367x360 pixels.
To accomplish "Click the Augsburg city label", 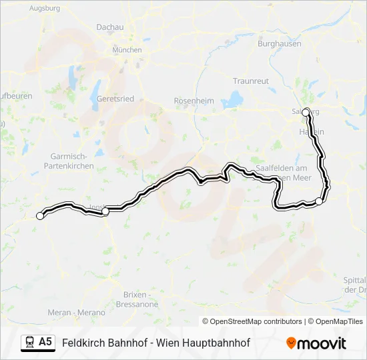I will coord(45,8).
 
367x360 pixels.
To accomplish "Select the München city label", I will coord(127,50).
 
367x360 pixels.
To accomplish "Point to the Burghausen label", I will coord(280,44).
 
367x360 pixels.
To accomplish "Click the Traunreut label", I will coord(251,81).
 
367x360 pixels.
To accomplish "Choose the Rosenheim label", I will coord(194,101).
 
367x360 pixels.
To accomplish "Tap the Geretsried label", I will coord(115,99).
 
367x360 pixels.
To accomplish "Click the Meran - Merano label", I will coord(77,312).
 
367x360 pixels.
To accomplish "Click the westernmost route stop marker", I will coord(40,215).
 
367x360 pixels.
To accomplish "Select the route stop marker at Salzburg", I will coord(306,113).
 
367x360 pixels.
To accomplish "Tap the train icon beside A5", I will coord(29,343).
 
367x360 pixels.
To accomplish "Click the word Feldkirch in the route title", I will coord(81,343).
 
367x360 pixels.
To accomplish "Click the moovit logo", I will coord(316,343).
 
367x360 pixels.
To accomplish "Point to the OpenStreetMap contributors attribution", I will coord(252,321).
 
